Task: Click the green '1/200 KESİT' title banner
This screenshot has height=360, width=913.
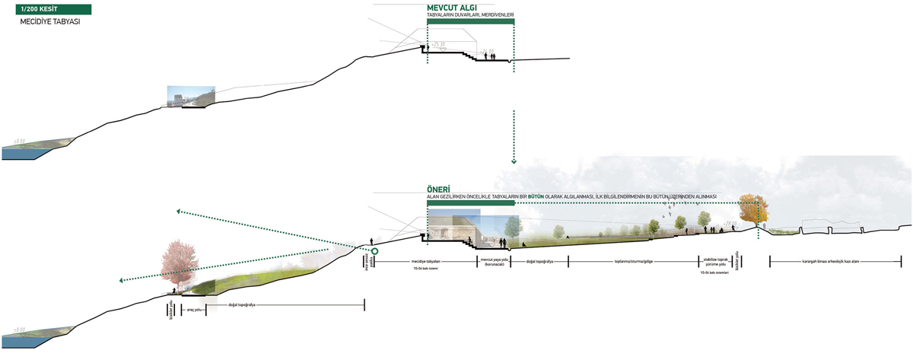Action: [47, 10]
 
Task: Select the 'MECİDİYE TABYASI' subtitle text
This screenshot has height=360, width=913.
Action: [49, 23]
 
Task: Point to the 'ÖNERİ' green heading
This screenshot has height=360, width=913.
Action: [440, 188]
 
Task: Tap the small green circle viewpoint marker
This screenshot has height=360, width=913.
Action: [374, 251]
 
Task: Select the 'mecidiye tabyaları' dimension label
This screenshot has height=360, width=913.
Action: [426, 261]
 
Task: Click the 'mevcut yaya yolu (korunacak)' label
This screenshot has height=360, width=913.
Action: [493, 263]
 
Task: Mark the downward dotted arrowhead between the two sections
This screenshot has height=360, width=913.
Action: [514, 161]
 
